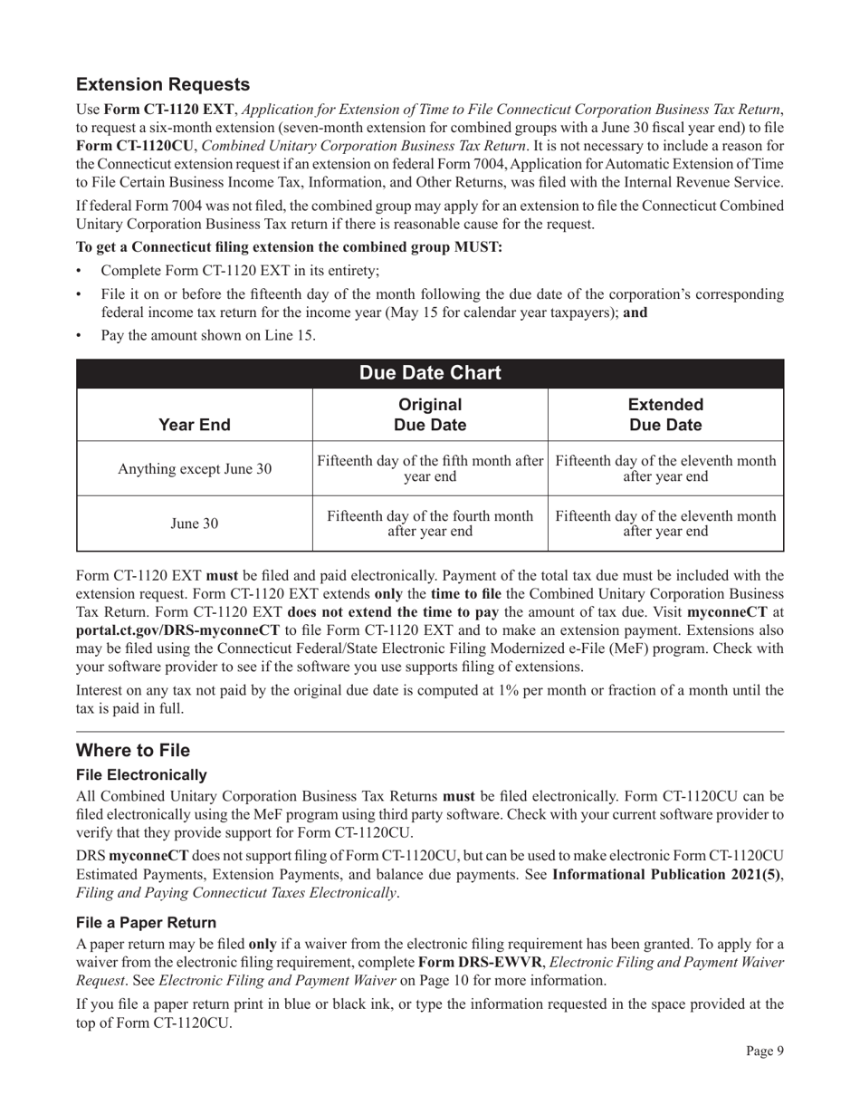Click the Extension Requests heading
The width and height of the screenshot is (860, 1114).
(163, 84)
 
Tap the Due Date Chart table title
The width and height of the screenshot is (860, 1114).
(430, 373)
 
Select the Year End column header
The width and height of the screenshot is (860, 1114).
(194, 425)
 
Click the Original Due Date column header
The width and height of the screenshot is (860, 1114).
(430, 415)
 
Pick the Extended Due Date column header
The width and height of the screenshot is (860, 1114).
(665, 415)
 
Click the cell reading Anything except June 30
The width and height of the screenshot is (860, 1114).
(194, 469)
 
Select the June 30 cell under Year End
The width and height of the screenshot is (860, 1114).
(194, 523)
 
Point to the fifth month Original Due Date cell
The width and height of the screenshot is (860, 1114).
(430, 469)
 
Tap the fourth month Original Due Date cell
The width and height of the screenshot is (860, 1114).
(430, 523)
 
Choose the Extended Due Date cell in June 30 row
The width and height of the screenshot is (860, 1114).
(665, 523)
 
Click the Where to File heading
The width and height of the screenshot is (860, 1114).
(133, 751)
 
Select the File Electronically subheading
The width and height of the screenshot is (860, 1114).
(141, 775)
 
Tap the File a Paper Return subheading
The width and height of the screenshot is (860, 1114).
(146, 922)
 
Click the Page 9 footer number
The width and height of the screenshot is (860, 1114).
(764, 1051)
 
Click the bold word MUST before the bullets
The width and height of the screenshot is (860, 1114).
(479, 247)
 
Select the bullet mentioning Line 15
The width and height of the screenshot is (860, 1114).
(208, 336)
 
